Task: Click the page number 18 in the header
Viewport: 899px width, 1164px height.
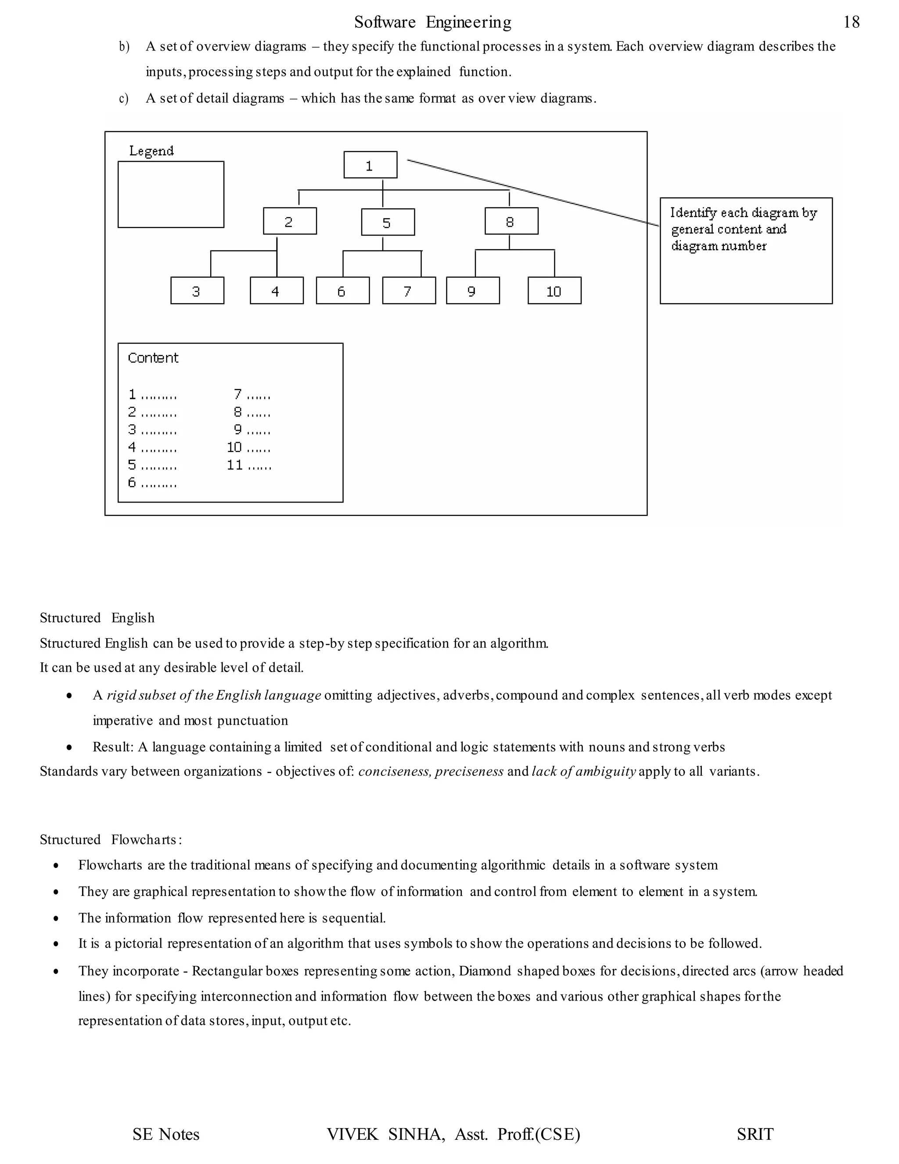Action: point(851,22)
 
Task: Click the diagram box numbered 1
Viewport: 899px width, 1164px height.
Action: point(370,165)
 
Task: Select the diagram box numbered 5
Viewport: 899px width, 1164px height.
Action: point(388,222)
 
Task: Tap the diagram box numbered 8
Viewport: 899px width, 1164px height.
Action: point(511,222)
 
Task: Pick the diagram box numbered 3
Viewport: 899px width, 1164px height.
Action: point(197,291)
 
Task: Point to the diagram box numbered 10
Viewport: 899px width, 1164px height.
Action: point(554,291)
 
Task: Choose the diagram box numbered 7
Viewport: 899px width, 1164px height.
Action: point(409,291)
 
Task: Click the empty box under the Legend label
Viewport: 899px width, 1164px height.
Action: point(170,195)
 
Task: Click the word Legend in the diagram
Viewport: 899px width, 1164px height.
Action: point(151,151)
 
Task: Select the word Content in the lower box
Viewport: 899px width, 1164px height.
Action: point(153,358)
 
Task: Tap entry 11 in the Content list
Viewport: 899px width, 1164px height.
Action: point(249,465)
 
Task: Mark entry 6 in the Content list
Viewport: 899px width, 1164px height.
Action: point(152,483)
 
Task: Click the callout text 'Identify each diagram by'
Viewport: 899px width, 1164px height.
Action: point(743,213)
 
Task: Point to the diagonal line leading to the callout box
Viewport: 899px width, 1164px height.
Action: point(532,192)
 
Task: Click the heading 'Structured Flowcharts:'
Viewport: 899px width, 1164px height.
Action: point(111,839)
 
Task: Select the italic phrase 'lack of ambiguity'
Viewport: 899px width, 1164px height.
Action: point(583,771)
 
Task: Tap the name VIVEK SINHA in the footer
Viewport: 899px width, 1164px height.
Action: point(385,1134)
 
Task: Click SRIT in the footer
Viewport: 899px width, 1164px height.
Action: point(755,1134)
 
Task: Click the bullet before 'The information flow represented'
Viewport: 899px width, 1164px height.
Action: point(56,918)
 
